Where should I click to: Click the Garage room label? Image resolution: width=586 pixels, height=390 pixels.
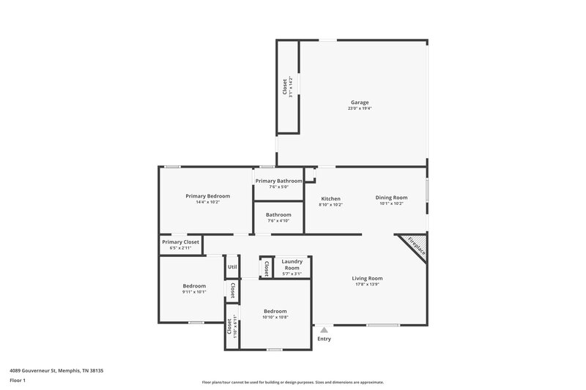(x=358, y=102)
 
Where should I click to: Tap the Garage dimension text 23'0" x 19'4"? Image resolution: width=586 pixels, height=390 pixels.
(x=358, y=109)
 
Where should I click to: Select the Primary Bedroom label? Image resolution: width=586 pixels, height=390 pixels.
(x=207, y=196)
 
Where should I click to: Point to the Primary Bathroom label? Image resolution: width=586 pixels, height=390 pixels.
(x=278, y=181)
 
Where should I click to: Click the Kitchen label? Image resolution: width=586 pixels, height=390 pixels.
(x=331, y=198)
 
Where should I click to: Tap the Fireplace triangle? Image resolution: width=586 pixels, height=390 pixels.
(x=415, y=244)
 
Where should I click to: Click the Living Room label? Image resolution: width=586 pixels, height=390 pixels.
(x=367, y=278)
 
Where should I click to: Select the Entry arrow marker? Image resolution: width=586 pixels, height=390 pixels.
(x=324, y=330)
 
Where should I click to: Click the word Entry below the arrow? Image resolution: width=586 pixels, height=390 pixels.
(x=324, y=339)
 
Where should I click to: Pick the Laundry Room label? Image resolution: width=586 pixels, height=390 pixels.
(x=292, y=264)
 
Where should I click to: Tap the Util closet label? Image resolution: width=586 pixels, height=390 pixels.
(x=232, y=267)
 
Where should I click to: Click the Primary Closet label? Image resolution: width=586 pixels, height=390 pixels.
(x=180, y=242)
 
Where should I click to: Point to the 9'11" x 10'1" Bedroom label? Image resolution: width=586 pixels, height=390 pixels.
(x=194, y=286)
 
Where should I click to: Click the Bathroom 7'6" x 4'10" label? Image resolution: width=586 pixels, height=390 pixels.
(x=278, y=215)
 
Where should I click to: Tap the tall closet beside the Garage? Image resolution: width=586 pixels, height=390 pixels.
(x=287, y=86)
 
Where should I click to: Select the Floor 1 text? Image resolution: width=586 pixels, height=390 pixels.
(x=18, y=381)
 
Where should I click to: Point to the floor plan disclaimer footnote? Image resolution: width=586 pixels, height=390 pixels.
(x=293, y=382)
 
